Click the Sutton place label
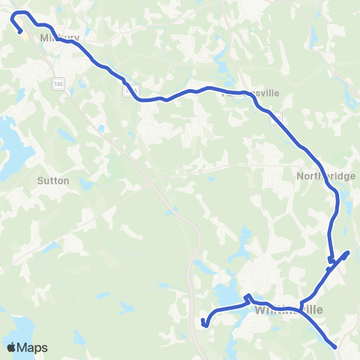(x=53, y=181)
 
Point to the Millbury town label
(x=60, y=36)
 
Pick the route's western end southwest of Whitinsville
(x=204, y=325)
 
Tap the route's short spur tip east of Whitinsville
(x=349, y=252)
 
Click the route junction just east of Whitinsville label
(x=301, y=307)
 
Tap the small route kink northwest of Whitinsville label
(x=247, y=297)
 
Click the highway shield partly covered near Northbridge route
(x=277, y=118)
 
